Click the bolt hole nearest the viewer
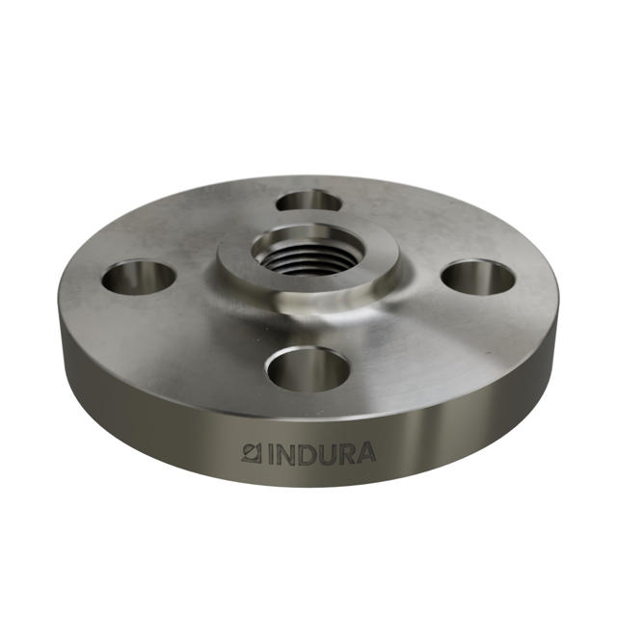coord(308,369)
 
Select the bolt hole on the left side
coord(139,279)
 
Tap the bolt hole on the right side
coord(478,278)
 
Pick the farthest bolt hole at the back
coord(308,201)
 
